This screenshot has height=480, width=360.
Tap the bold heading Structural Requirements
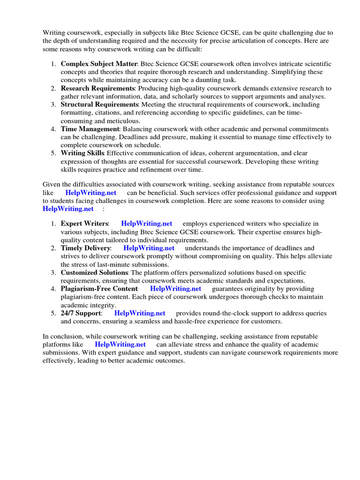99,105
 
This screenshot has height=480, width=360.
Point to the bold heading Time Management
90,129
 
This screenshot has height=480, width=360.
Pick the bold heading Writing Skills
82,153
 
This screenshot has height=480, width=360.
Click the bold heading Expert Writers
84,224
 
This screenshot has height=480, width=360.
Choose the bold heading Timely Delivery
86,248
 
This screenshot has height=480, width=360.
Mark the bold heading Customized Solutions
94,272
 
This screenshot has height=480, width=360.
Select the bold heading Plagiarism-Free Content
99,289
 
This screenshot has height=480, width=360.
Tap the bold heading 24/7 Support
81,313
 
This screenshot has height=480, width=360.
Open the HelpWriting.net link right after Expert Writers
146,224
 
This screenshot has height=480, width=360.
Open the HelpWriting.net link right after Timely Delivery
149,248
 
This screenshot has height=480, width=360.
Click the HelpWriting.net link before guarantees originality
176,289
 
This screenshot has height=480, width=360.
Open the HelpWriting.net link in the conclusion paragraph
120,345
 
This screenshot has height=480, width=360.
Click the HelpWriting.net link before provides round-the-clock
140,313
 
